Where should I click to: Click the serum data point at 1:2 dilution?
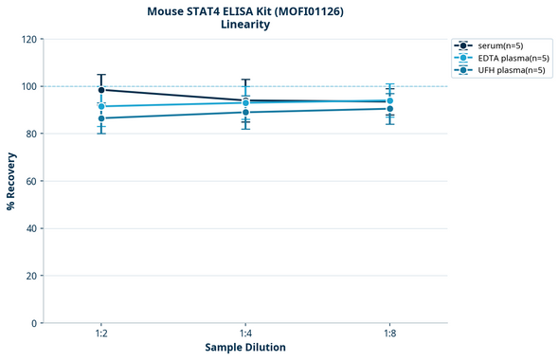coord(101,90)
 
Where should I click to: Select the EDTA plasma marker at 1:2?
coord(101,106)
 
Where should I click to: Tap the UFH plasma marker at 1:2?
coord(101,118)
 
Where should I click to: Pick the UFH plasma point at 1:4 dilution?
coord(245,113)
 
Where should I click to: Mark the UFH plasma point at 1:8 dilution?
coord(389,109)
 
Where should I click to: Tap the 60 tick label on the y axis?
coord(31,181)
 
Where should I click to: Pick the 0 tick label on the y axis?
coord(34,323)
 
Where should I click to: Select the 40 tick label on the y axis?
coord(31,228)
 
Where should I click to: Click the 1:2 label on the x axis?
coord(101,334)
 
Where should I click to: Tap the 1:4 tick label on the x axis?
coord(245,334)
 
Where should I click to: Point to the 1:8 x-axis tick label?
coord(389,334)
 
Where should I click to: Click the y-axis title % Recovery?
coord(11,181)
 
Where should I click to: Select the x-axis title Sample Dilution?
coord(245,348)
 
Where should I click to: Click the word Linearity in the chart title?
coord(245,25)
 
